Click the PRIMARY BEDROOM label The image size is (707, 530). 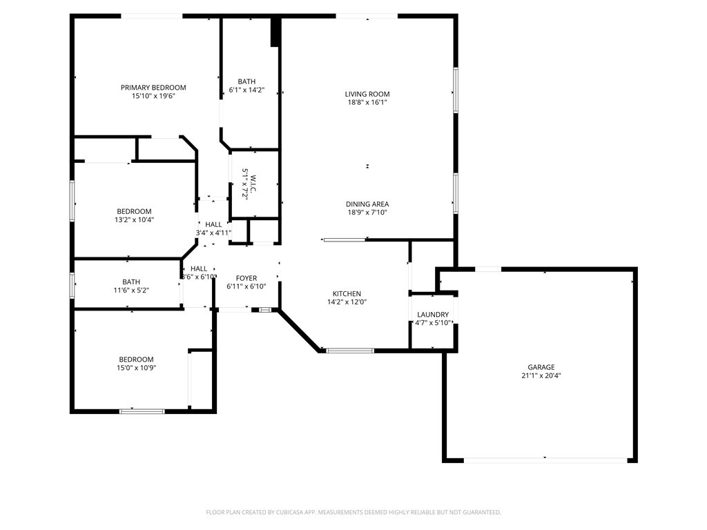click(x=153, y=88)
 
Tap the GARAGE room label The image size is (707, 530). click(x=541, y=367)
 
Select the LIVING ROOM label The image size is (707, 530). click(x=367, y=94)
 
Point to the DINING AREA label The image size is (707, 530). click(x=367, y=204)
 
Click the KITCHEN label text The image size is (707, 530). click(x=347, y=294)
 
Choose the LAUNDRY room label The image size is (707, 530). click(x=433, y=315)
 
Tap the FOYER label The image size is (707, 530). click(x=246, y=279)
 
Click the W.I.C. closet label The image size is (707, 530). click(x=253, y=184)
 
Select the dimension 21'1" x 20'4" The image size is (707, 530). click(x=541, y=375)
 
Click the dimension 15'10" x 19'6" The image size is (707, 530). click(x=153, y=96)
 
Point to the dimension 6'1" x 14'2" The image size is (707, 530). click(x=246, y=90)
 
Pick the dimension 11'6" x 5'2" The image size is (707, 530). click(x=131, y=291)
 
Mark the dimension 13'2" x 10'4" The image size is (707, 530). click(x=134, y=220)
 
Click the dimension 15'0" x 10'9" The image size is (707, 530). click(x=136, y=368)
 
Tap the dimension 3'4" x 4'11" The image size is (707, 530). click(x=213, y=233)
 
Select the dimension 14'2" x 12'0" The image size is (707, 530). click(x=347, y=302)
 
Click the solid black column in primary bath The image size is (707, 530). click(x=275, y=32)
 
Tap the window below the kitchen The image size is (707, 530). click(x=350, y=350)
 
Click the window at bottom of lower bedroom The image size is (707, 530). click(x=142, y=411)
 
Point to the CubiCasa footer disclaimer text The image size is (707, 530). click(x=353, y=513)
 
